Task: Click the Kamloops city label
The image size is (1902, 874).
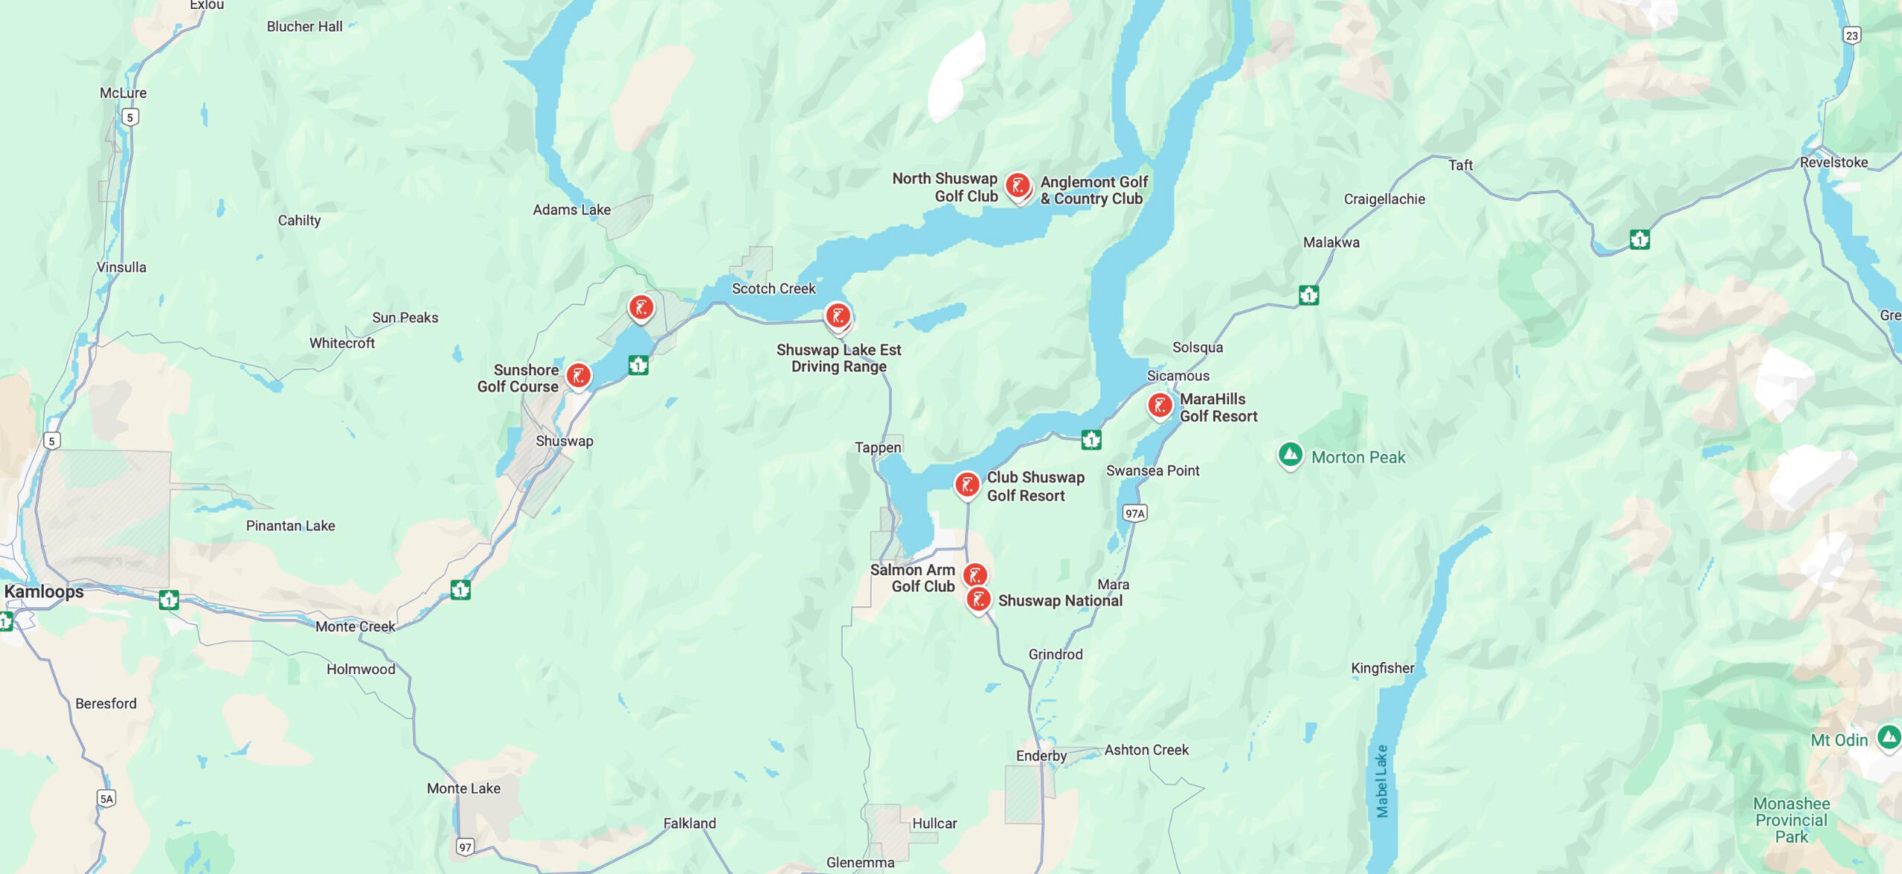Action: coord(44,592)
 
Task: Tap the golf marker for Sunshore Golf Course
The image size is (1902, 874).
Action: coord(579,375)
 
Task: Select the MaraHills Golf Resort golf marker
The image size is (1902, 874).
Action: coord(1160,405)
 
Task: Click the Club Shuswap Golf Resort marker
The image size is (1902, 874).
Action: coord(967,485)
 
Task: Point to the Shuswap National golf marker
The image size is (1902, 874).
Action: coord(979,600)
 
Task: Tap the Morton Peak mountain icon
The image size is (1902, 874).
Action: coord(1291,454)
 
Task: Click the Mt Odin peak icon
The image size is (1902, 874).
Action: coord(1889,737)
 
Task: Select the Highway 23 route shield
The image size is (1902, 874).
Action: coord(1852,35)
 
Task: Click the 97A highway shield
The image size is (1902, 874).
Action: coord(1134,513)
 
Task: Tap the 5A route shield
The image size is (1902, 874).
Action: coord(106,799)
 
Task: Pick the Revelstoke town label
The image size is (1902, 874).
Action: coord(1834,162)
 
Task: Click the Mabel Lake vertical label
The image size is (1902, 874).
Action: coord(1382,781)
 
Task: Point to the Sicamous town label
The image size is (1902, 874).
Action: coord(1178,376)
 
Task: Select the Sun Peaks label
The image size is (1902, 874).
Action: coord(405,318)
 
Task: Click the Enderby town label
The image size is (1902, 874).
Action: coord(1041,756)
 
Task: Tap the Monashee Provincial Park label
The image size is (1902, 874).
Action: coord(1791,820)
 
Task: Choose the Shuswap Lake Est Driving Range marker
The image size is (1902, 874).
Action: coord(838,315)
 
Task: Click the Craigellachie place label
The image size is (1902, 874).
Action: coord(1384,199)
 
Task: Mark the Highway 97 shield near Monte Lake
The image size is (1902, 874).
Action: coord(465,846)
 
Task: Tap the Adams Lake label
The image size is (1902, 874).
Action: coord(571,210)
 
